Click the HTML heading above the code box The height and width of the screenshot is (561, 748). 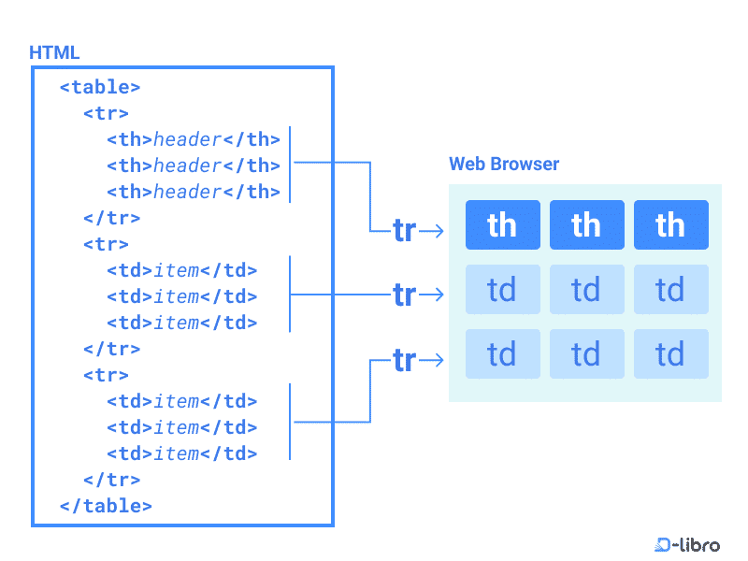(54, 52)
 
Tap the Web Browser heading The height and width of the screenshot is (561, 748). (504, 165)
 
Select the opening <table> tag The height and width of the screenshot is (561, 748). (100, 87)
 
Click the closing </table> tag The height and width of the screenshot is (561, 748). (106, 506)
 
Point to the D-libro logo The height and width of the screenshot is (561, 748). (687, 544)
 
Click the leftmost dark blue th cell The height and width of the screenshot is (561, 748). (502, 225)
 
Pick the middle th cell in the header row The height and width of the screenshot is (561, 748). (586, 225)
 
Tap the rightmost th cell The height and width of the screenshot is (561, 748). (670, 225)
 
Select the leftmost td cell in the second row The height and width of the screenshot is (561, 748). (502, 290)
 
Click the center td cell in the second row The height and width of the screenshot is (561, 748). (586, 290)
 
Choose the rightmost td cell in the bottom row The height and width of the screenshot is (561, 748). (670, 354)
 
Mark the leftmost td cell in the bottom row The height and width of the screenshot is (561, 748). (502, 354)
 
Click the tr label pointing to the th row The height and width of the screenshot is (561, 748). (404, 230)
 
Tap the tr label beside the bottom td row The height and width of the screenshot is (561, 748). (404, 359)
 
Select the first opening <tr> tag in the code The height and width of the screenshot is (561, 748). (106, 113)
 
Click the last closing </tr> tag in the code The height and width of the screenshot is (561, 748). (111, 480)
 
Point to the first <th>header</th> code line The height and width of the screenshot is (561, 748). (194, 139)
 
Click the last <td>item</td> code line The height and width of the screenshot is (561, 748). (181, 453)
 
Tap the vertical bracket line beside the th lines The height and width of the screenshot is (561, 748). (290, 165)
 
